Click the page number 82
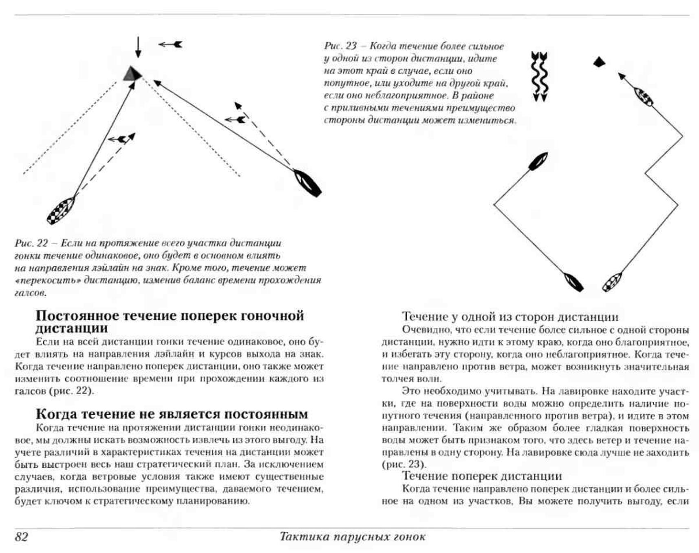click(x=22, y=537)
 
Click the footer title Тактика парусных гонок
click(x=352, y=537)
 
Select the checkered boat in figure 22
click(x=61, y=210)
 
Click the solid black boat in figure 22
click(x=308, y=183)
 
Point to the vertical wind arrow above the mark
click(x=138, y=47)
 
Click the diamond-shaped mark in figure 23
click(x=599, y=62)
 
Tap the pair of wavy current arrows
click(x=540, y=76)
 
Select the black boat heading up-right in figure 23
click(x=538, y=161)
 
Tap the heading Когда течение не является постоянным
click(x=172, y=414)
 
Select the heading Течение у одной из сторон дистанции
click(x=510, y=317)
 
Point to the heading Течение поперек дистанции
click(x=482, y=476)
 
